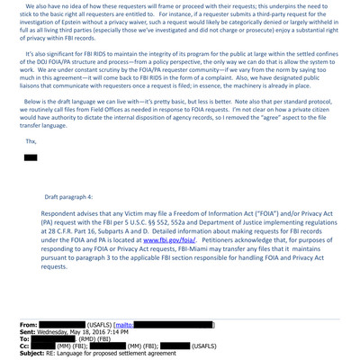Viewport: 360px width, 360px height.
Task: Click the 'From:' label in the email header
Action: (29, 324)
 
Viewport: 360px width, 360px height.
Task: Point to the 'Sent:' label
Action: (29, 331)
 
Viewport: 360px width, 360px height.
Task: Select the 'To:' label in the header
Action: (25, 338)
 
